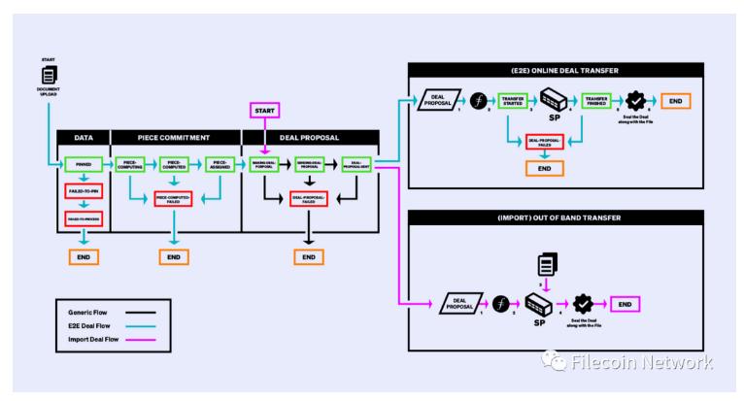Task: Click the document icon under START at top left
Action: (44, 74)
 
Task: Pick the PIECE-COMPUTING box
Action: (130, 165)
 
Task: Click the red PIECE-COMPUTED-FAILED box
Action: (175, 198)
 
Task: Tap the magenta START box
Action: (265, 112)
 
